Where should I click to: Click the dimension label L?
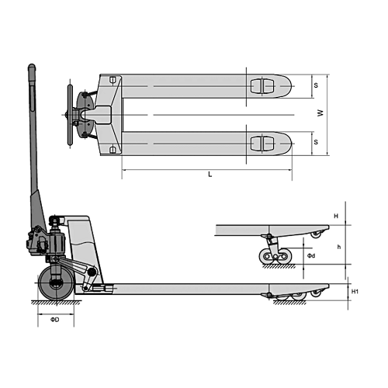point(210,175)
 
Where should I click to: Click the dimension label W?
point(320,113)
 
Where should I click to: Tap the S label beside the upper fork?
point(316,85)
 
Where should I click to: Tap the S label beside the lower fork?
point(316,142)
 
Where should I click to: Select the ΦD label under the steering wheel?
point(55,320)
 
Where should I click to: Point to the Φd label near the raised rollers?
point(311,256)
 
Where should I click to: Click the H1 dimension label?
point(355,292)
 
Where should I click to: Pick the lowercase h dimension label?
point(339,247)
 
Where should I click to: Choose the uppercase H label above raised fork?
point(336,216)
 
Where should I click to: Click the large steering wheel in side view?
point(56,283)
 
